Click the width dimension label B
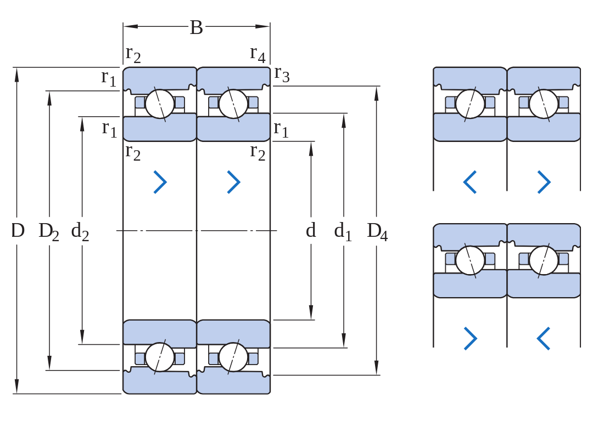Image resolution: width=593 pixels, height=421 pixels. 196,27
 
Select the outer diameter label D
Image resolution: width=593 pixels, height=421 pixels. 18,230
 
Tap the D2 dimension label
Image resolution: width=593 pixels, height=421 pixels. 49,231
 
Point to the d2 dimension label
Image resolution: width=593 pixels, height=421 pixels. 80,231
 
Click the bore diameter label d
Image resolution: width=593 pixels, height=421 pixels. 310,230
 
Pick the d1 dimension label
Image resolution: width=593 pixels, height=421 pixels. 343,231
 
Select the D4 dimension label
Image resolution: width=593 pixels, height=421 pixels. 377,231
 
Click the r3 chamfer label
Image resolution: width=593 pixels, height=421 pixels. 282,73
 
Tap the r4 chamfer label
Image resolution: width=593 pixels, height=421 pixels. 258,54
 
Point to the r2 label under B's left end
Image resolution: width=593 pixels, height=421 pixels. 133,54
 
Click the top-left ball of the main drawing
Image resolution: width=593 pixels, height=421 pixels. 160,104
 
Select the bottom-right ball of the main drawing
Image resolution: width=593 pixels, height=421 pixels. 233,357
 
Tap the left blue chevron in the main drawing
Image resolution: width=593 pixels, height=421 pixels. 160,182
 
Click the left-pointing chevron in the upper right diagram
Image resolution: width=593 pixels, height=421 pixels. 469,182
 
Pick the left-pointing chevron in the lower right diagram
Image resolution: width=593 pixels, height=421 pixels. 544,338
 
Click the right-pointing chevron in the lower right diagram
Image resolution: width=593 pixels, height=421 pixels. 471,338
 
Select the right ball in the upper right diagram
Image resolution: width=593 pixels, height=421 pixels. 544,104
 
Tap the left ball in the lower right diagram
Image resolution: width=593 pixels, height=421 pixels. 470,260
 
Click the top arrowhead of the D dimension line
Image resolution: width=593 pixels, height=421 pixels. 16,75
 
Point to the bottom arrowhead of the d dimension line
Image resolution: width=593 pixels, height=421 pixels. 311,312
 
